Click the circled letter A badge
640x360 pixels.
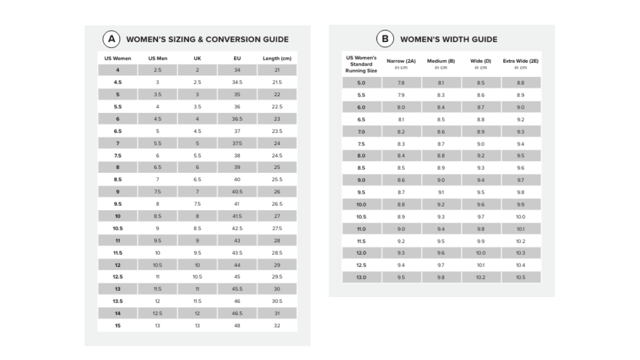coord(111,39)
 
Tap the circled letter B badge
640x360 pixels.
coord(385,39)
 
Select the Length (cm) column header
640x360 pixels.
coord(277,58)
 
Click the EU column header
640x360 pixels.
coord(237,58)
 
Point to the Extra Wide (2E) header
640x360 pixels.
coord(521,61)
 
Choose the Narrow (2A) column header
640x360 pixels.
coord(401,61)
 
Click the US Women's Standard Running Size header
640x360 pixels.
coord(361,64)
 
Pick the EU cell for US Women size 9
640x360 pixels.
coord(237,191)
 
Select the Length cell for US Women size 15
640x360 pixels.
coord(277,325)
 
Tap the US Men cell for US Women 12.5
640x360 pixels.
coord(157,277)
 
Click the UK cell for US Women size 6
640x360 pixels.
coord(197,119)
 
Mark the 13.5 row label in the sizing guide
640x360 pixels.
coord(118,301)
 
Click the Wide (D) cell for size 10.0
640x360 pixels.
coord(481,204)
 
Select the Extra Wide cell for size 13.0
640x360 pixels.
coord(521,277)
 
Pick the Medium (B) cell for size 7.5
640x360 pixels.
coord(441,144)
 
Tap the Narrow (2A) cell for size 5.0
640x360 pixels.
coord(401,83)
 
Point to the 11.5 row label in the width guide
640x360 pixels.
coord(361,241)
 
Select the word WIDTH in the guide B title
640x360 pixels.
coord(456,39)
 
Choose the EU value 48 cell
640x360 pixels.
coord(237,325)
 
